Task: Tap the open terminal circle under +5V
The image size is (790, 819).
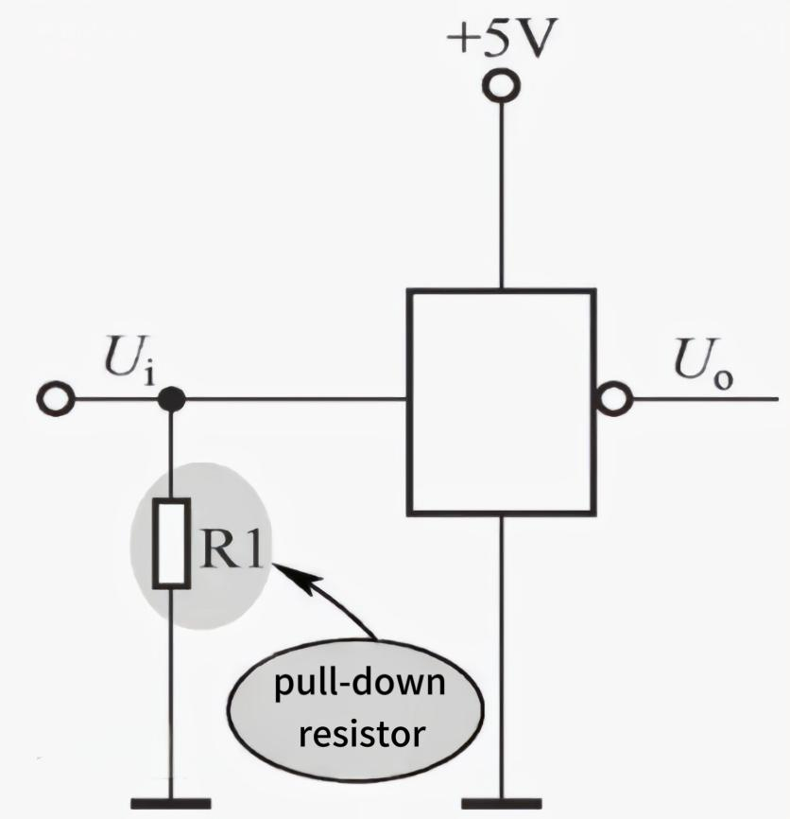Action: pyautogui.click(x=501, y=87)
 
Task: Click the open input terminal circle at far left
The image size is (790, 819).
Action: pyautogui.click(x=59, y=400)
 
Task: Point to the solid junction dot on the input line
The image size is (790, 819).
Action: pyautogui.click(x=171, y=400)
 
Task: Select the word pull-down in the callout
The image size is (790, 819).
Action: pyautogui.click(x=358, y=684)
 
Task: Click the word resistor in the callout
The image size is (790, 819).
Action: pyautogui.click(x=358, y=731)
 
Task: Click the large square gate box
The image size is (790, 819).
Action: pyautogui.click(x=501, y=402)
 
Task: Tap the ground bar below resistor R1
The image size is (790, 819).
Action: pyautogui.click(x=171, y=804)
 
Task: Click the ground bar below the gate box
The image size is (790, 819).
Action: pyautogui.click(x=501, y=804)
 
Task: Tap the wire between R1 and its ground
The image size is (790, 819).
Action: pyautogui.click(x=171, y=700)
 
